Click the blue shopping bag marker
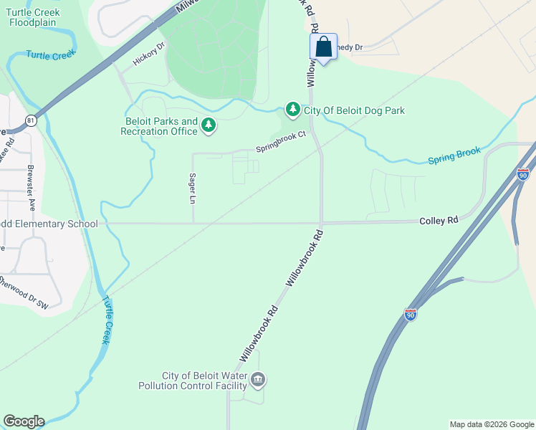[x=323, y=48]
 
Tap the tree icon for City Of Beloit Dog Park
[x=292, y=109]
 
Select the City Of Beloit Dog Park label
[x=355, y=110]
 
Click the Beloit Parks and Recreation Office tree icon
[x=209, y=126]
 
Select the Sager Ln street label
[x=192, y=188]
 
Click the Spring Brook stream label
[x=454, y=156]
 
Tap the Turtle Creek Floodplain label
[x=34, y=17]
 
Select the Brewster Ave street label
[x=31, y=184]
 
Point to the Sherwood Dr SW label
[x=23, y=292]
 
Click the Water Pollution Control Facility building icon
[x=258, y=378]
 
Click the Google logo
[x=24, y=421]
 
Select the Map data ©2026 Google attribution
[x=492, y=424]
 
